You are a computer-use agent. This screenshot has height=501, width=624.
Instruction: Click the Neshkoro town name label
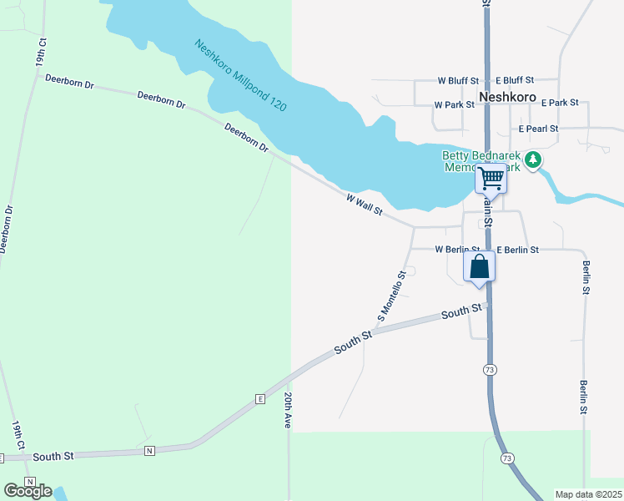[508, 96]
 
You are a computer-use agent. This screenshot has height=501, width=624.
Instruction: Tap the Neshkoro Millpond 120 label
[240, 78]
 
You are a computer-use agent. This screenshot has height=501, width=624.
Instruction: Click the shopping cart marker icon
[491, 179]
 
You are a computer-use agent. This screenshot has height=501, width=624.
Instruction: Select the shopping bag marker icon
[480, 268]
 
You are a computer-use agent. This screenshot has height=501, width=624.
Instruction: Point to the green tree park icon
[534, 159]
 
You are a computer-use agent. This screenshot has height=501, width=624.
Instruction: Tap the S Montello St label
[391, 296]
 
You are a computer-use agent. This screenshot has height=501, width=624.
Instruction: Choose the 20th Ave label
[288, 410]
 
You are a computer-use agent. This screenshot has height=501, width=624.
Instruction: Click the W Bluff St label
[458, 81]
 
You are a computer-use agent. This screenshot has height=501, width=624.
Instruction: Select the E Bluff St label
[514, 81]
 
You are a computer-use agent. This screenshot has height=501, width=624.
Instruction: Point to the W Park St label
[454, 105]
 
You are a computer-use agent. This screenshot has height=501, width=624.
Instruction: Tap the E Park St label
[560, 103]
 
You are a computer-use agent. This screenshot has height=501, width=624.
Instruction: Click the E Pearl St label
[538, 129]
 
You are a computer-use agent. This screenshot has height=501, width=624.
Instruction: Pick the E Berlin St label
[518, 250]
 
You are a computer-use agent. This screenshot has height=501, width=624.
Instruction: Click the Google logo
[28, 491]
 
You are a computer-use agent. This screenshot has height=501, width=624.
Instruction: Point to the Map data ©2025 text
[588, 494]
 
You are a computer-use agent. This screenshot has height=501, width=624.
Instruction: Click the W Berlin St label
[456, 250]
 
